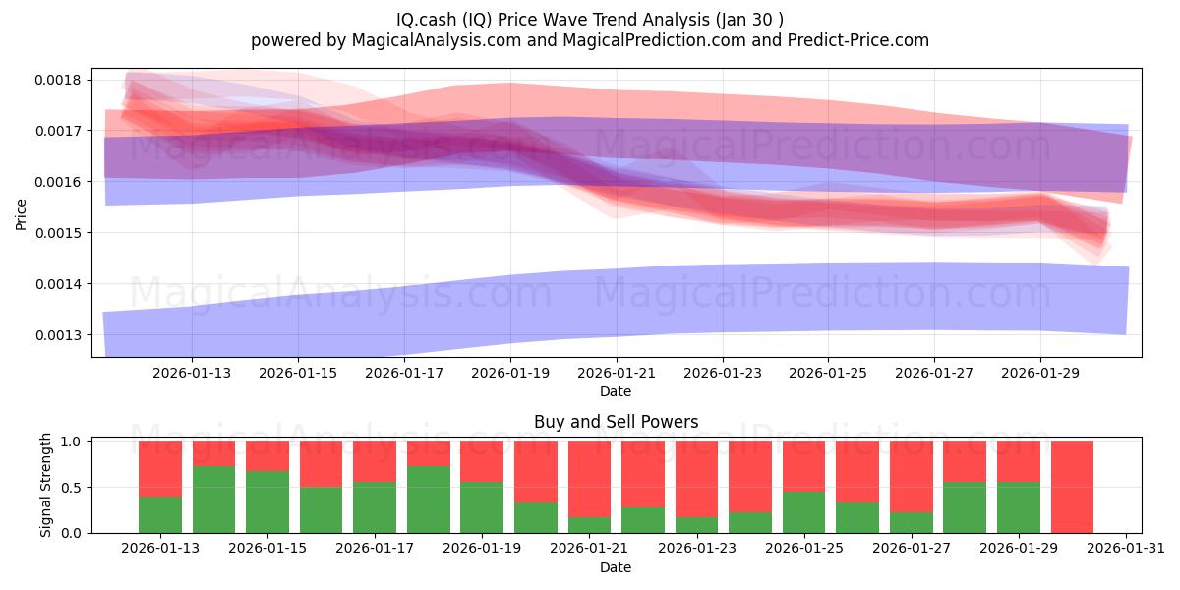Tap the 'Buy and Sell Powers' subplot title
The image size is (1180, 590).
pyautogui.click(x=616, y=422)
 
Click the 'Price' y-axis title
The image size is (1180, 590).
pyautogui.click(x=22, y=213)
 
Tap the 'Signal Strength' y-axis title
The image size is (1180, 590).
pyautogui.click(x=46, y=486)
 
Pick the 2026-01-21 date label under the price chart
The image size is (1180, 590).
pyautogui.click(x=616, y=373)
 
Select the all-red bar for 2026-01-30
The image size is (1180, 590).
pyautogui.click(x=1072, y=487)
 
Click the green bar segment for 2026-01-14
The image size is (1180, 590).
pyautogui.click(x=213, y=500)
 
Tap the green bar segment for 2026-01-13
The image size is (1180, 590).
pyautogui.click(x=160, y=514)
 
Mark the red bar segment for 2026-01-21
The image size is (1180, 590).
pyautogui.click(x=589, y=479)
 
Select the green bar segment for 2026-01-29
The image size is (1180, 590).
pyautogui.click(x=1018, y=507)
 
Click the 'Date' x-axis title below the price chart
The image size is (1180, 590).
pyautogui.click(x=616, y=391)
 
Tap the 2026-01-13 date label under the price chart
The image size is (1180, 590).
pyautogui.click(x=192, y=373)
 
